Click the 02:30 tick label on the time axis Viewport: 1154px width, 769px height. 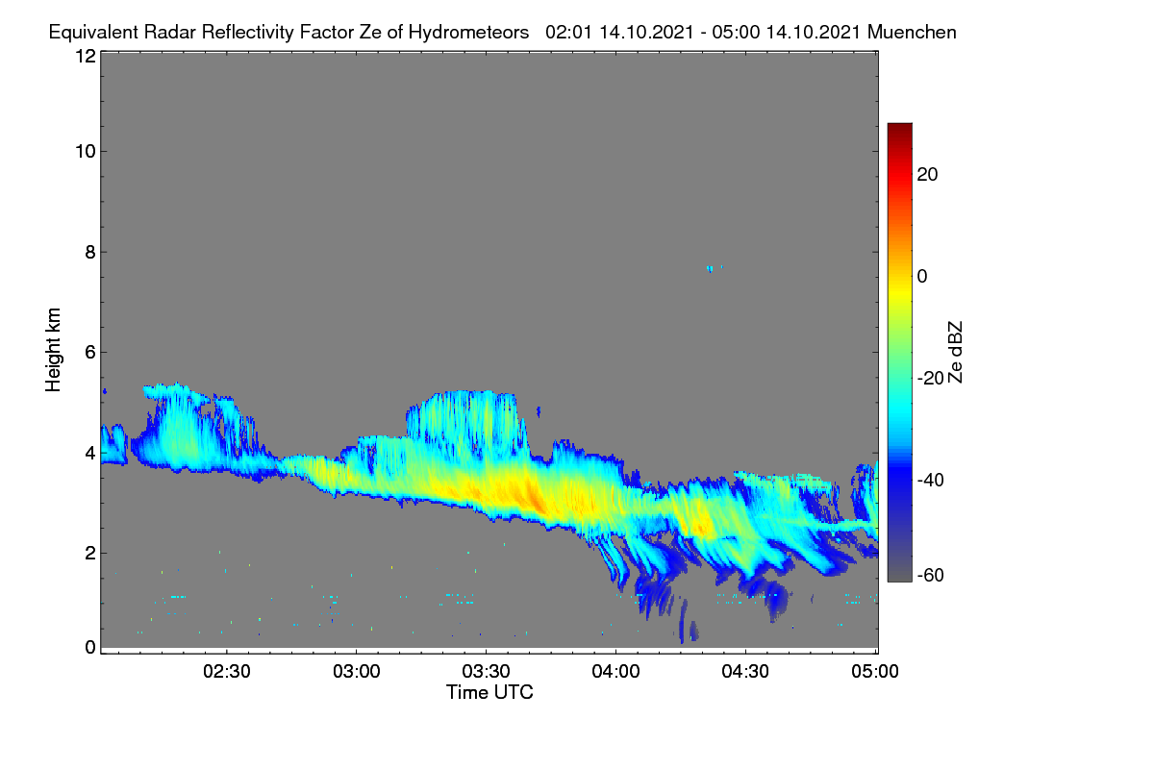pyautogui.click(x=227, y=672)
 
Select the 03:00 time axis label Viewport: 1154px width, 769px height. pyautogui.click(x=357, y=672)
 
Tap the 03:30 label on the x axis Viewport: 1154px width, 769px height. pyautogui.click(x=486, y=672)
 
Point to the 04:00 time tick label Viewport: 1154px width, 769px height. pyautogui.click(x=615, y=672)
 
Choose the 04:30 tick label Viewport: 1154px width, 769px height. pyautogui.click(x=745, y=672)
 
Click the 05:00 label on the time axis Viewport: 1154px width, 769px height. pyautogui.click(x=875, y=672)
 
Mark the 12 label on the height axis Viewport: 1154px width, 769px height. pyautogui.click(x=86, y=56)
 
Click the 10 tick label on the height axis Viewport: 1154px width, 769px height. pyautogui.click(x=86, y=152)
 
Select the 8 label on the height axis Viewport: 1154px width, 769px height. pyautogui.click(x=90, y=252)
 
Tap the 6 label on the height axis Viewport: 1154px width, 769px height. pyautogui.click(x=90, y=353)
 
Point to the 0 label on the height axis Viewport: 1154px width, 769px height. pyautogui.click(x=90, y=648)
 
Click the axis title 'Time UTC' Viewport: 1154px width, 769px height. pyautogui.click(x=489, y=692)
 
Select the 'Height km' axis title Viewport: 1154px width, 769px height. pyautogui.click(x=53, y=350)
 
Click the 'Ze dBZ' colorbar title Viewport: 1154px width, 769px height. pyautogui.click(x=955, y=353)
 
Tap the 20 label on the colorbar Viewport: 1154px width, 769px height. pyautogui.click(x=927, y=175)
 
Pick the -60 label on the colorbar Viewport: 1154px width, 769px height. pyautogui.click(x=931, y=576)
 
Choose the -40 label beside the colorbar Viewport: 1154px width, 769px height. pyautogui.click(x=931, y=480)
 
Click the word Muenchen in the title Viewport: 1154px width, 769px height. pyautogui.click(x=912, y=32)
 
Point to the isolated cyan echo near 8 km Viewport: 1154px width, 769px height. pyautogui.click(x=710, y=269)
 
